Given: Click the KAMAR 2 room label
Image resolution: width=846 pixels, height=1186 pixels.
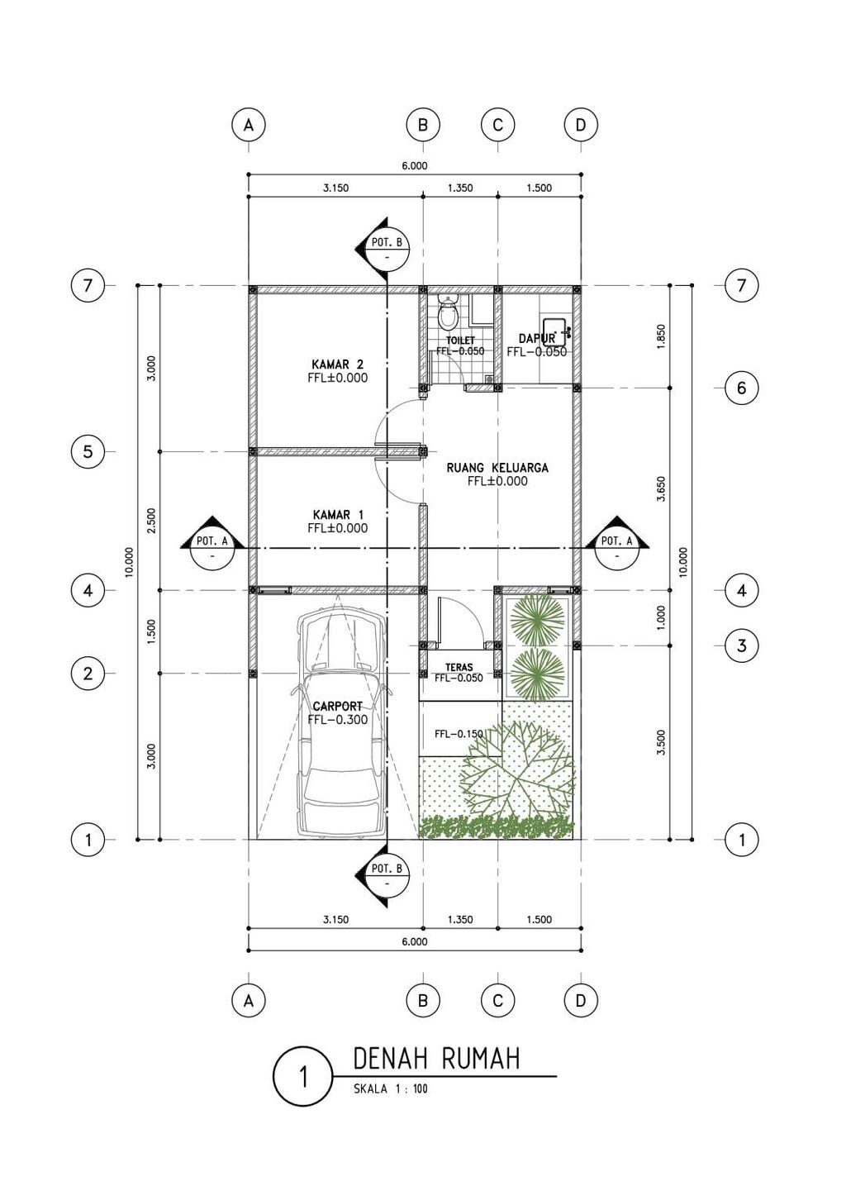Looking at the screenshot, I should (337, 364).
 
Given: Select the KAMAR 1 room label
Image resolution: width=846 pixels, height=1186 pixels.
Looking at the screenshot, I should (337, 514).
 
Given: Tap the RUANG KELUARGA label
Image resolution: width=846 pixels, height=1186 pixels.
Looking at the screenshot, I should (497, 468).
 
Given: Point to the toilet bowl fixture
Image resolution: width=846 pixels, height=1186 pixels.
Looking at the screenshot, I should (449, 313).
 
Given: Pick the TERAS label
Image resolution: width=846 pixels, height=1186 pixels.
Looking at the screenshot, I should (459, 667).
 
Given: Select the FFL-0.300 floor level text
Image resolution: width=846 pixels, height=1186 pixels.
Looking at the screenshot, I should (337, 720).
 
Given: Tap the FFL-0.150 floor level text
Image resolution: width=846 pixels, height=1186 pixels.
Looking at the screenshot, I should (459, 733).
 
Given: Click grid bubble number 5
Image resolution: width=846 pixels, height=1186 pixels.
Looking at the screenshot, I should (88, 452).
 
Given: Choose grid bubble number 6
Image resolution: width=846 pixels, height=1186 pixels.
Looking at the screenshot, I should (741, 388).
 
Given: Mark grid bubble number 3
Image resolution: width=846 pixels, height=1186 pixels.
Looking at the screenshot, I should (741, 645).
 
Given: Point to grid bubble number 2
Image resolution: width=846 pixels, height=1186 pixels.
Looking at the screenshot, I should (88, 674).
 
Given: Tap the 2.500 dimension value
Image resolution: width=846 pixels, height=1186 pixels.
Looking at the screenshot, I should (150, 521).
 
